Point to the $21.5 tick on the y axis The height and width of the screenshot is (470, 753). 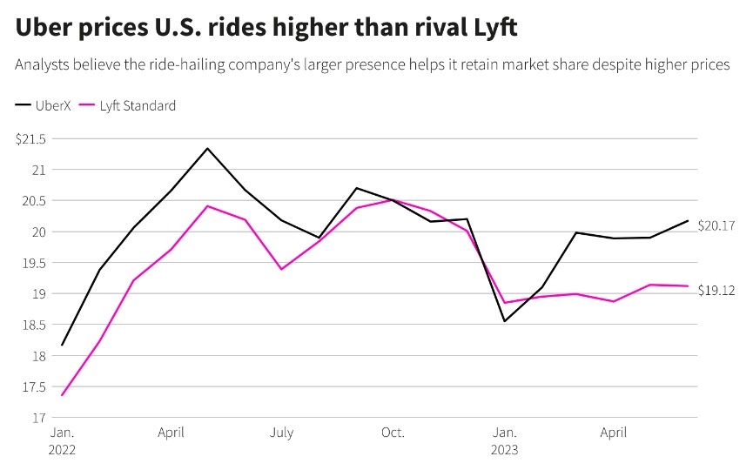click(30, 138)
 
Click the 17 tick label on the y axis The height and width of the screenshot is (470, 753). click(40, 418)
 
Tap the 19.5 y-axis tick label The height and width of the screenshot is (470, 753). click(35, 263)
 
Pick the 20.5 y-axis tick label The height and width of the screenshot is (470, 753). click(35, 200)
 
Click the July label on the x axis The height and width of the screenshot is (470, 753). click(281, 433)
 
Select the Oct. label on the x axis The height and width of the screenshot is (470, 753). click(393, 433)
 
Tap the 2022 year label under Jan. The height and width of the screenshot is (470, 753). click(62, 450)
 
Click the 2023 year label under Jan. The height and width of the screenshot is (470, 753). click(504, 450)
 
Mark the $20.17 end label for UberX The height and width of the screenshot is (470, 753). click(716, 225)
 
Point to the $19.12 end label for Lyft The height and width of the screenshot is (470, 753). click(716, 291)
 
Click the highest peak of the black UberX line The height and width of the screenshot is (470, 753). click(207, 148)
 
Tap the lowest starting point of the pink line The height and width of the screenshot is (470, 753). click(62, 396)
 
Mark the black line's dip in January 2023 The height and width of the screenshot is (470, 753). click(504, 321)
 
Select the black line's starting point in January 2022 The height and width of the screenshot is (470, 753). click(62, 345)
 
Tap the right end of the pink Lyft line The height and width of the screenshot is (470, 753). click(689, 285)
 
